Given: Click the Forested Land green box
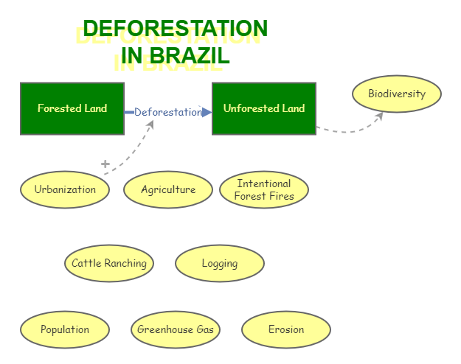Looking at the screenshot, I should click(72, 108).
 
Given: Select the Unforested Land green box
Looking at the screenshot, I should click(264, 108).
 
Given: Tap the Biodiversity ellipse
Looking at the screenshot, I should click(397, 94).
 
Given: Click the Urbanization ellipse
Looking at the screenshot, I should click(65, 189).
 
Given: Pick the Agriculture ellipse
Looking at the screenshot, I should click(168, 189).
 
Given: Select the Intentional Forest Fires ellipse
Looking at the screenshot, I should click(264, 189).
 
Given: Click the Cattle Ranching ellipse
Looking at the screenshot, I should click(109, 263).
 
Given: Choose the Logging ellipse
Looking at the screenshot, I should click(220, 263).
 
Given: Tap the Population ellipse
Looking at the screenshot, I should click(65, 329).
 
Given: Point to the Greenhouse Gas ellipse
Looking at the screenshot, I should click(176, 329).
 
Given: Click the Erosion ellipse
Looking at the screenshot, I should click(286, 329).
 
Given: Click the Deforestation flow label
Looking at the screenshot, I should click(167, 112).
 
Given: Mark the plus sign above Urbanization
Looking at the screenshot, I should click(105, 164).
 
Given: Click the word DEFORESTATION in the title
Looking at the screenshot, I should click(176, 29).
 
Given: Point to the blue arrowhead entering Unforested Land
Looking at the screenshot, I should click(207, 112).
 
